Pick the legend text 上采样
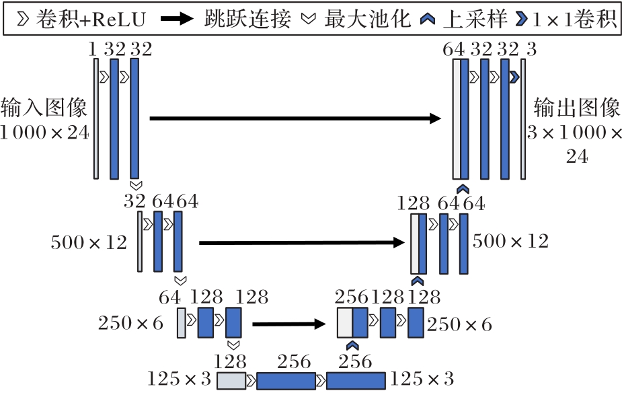click(x=470, y=19)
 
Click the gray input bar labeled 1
click(x=96, y=118)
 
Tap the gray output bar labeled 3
click(x=523, y=118)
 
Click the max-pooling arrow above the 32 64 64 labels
click(x=135, y=184)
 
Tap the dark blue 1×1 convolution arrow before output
click(x=514, y=77)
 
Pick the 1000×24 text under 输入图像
click(x=44, y=133)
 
